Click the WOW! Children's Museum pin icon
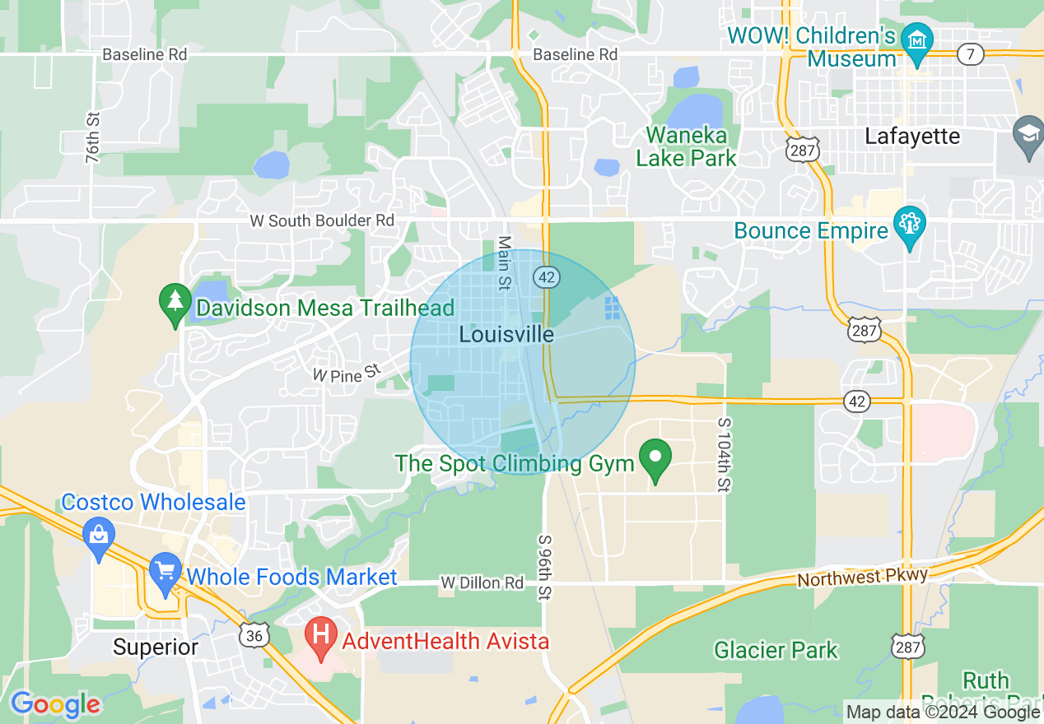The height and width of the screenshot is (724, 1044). click(916, 40)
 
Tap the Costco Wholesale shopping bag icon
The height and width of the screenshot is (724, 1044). click(98, 536)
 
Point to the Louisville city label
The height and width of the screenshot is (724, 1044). click(506, 335)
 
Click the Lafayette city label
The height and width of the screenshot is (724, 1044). click(912, 137)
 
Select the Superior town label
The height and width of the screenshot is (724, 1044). click(156, 647)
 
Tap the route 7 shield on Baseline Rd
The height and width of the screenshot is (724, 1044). click(971, 54)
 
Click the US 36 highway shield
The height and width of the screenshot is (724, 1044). click(254, 633)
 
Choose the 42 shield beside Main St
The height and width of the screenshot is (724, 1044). click(547, 277)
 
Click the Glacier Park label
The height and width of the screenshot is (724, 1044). click(776, 651)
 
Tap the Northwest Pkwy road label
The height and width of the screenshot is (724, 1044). click(862, 577)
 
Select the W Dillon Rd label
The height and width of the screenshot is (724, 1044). click(482, 583)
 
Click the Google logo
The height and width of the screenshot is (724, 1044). click(55, 704)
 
